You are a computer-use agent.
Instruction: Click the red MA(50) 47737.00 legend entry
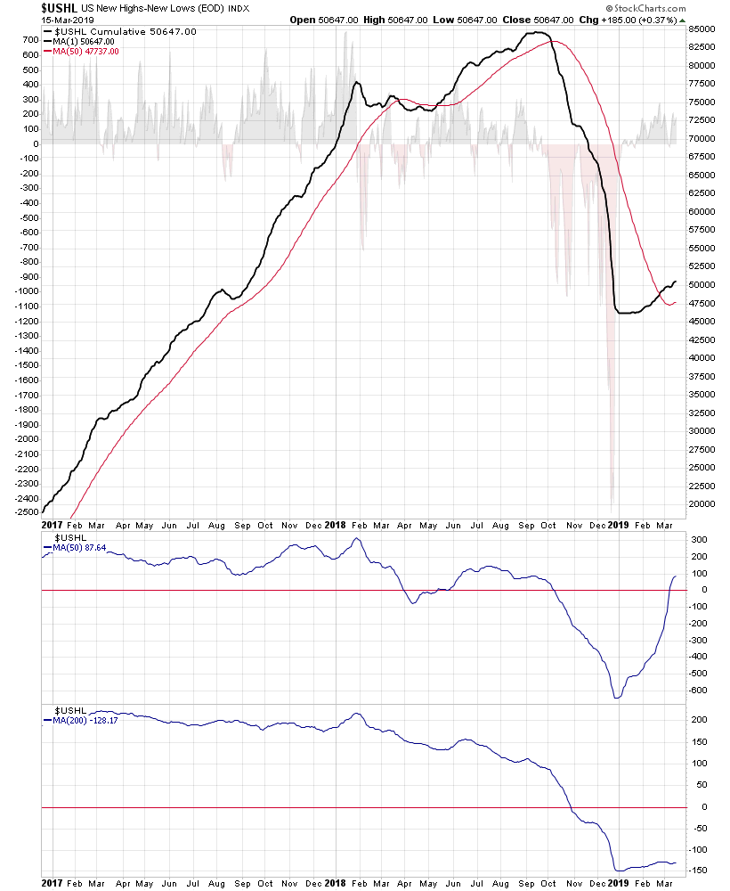(x=86, y=52)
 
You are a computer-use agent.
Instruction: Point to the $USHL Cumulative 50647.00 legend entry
(x=126, y=32)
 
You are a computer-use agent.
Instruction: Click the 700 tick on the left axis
(x=28, y=40)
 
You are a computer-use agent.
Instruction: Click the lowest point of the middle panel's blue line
(x=617, y=698)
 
